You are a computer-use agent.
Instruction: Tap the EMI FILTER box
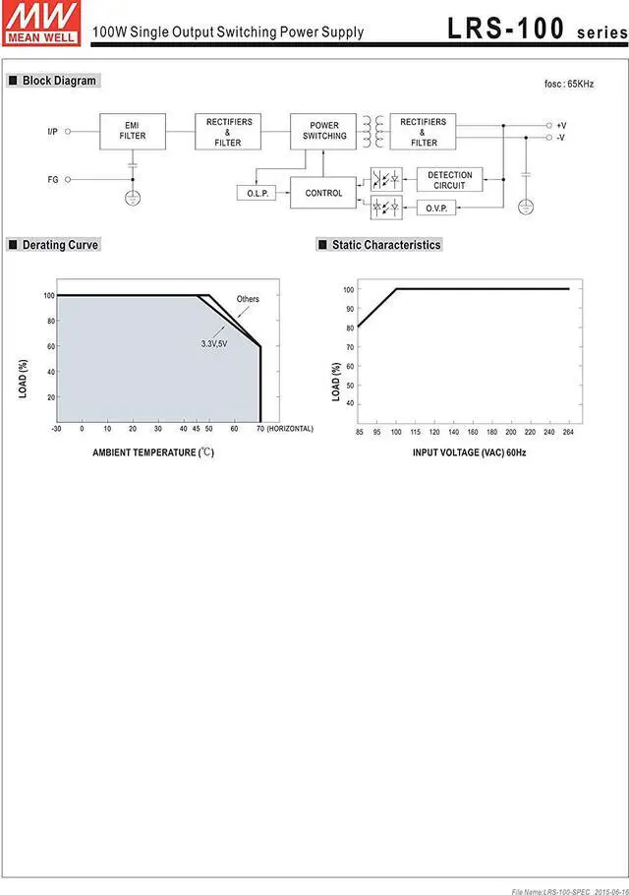(x=133, y=131)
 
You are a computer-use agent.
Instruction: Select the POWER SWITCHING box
(x=324, y=131)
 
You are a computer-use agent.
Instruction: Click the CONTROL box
(x=323, y=193)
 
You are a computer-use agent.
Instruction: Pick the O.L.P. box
(x=257, y=194)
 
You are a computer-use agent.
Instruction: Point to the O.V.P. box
(x=433, y=208)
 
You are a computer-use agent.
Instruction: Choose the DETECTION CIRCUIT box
(x=450, y=180)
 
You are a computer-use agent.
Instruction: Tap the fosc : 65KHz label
(x=569, y=85)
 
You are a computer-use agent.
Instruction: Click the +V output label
(x=560, y=126)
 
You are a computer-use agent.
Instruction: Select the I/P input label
(x=52, y=131)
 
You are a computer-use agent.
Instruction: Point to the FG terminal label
(x=52, y=180)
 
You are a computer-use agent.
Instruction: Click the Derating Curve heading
(x=60, y=245)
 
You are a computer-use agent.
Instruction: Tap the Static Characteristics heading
(x=386, y=245)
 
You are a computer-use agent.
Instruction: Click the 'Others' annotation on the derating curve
(x=248, y=299)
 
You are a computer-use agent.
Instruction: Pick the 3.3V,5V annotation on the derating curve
(x=213, y=343)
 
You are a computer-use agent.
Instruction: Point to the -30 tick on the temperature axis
(x=56, y=430)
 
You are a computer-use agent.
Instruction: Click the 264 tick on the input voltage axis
(x=568, y=433)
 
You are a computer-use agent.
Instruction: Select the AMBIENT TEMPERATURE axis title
(x=153, y=453)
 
